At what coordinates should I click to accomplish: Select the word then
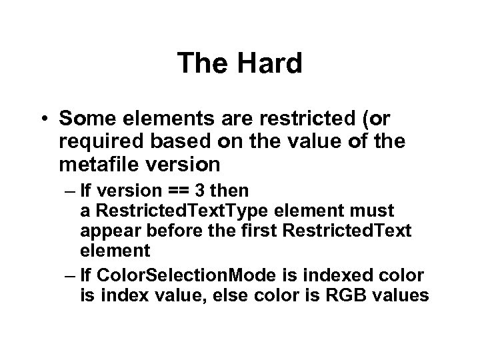click(x=232, y=191)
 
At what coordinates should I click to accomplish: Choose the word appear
click(x=107, y=231)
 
